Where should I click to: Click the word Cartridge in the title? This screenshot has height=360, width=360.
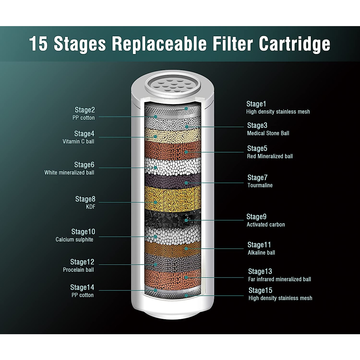[x=294, y=44]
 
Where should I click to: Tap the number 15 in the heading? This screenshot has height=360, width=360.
[x=38, y=44]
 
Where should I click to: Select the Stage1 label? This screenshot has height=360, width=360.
[x=256, y=104]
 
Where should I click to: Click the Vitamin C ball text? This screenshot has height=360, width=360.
[x=78, y=141]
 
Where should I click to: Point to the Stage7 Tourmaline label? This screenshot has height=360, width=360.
[x=257, y=178]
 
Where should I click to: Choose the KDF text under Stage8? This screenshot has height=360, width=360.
[x=91, y=207]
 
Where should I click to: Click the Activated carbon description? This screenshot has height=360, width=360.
[x=265, y=224]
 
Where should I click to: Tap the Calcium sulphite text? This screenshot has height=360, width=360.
[x=74, y=239]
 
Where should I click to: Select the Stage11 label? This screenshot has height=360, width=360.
[x=259, y=245]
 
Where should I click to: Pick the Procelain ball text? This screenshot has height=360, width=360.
[x=78, y=270]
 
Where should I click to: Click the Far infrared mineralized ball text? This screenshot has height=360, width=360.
[x=279, y=279]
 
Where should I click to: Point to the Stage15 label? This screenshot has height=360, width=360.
[x=260, y=290]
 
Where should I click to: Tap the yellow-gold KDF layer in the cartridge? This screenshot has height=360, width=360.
[x=172, y=198]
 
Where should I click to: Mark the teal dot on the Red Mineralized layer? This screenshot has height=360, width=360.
[x=186, y=152]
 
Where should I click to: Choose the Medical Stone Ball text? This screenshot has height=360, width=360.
[x=268, y=133]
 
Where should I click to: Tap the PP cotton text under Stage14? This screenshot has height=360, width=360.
[x=82, y=295]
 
